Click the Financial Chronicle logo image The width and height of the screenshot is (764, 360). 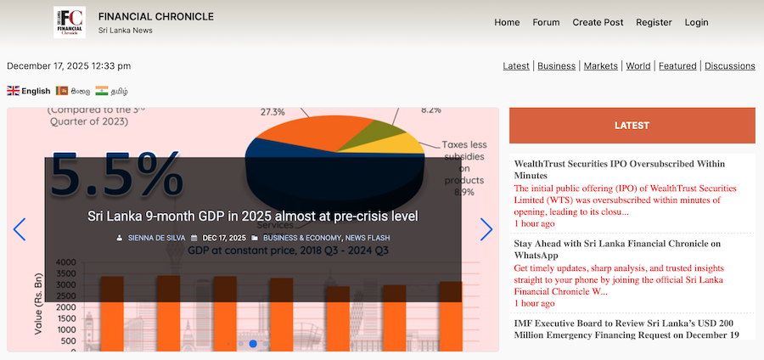(69, 22)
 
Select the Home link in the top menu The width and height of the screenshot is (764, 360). (507, 22)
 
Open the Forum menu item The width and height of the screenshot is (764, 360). (546, 22)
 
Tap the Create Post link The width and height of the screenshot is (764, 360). (598, 22)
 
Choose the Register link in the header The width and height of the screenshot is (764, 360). (654, 22)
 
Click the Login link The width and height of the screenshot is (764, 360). (696, 22)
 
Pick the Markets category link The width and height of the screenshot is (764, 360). (601, 65)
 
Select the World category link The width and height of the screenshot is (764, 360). (638, 65)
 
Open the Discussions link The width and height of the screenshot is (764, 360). (730, 65)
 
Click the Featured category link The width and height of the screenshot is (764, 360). (677, 65)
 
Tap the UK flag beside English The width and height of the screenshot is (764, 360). (14, 91)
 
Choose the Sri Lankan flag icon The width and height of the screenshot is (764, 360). (62, 91)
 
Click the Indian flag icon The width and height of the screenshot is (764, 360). (102, 91)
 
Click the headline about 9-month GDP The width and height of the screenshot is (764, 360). (253, 216)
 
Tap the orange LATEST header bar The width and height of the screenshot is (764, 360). (632, 126)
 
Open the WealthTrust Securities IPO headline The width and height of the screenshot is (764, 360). (619, 168)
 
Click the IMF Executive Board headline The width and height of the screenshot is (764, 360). (625, 329)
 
